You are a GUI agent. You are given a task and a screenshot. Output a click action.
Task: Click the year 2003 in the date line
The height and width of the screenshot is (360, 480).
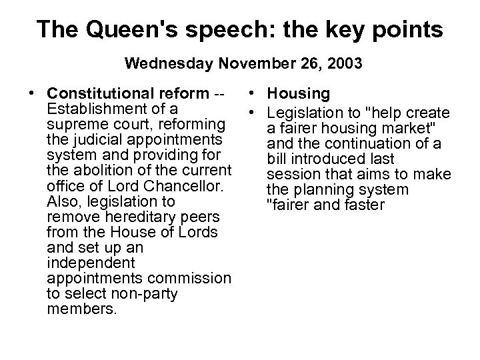345,65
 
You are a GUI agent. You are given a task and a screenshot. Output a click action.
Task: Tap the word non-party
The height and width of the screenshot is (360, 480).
147,294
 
